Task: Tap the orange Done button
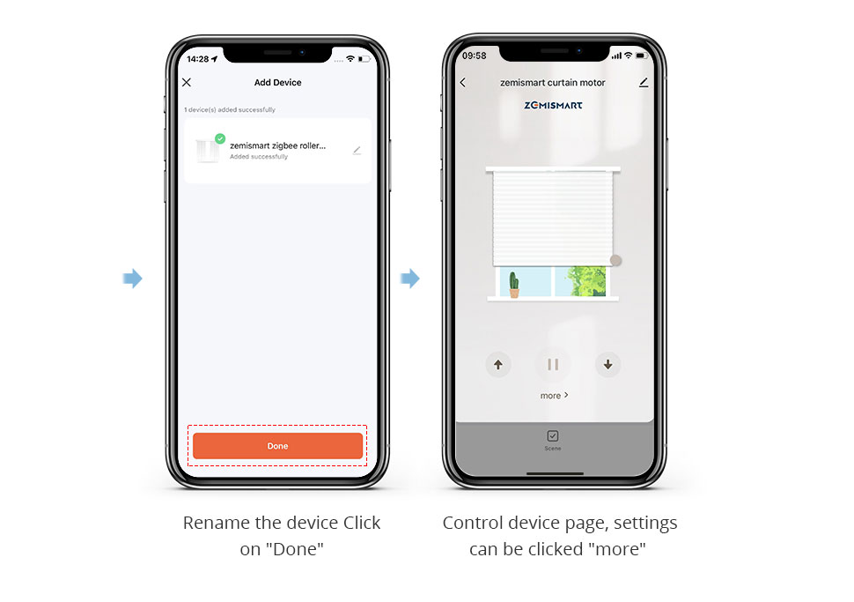tap(277, 445)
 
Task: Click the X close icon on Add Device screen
tap(187, 82)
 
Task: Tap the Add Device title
tap(277, 82)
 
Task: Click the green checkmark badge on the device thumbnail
tap(220, 138)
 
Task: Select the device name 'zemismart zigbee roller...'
tap(277, 145)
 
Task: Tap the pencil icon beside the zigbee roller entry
tap(357, 151)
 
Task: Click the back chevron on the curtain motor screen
tap(463, 82)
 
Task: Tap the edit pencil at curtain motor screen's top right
tap(644, 82)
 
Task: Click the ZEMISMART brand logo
tap(554, 105)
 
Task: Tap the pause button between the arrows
tap(553, 364)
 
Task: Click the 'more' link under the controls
tap(554, 396)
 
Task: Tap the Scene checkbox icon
tap(553, 435)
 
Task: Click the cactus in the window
tap(514, 285)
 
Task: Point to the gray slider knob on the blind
tap(616, 261)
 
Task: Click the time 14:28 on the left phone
tap(198, 59)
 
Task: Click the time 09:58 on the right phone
tap(474, 56)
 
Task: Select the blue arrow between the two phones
tap(410, 279)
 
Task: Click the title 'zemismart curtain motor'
tap(553, 83)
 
